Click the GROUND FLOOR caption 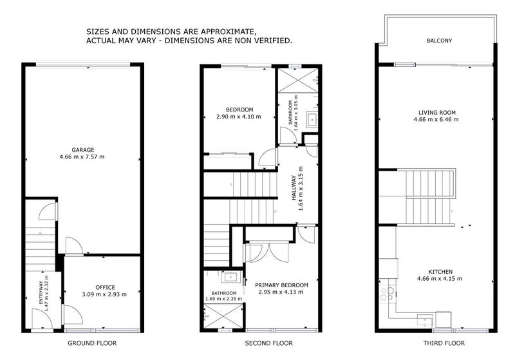pyautogui.click(x=91, y=343)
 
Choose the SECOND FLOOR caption pyautogui.click(x=269, y=343)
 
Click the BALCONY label pyautogui.click(x=439, y=41)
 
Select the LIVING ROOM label pyautogui.click(x=435, y=112)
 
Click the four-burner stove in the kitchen pyautogui.click(x=388, y=294)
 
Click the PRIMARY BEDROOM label pyautogui.click(x=281, y=285)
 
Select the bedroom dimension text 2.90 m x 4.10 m pyautogui.click(x=239, y=117)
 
